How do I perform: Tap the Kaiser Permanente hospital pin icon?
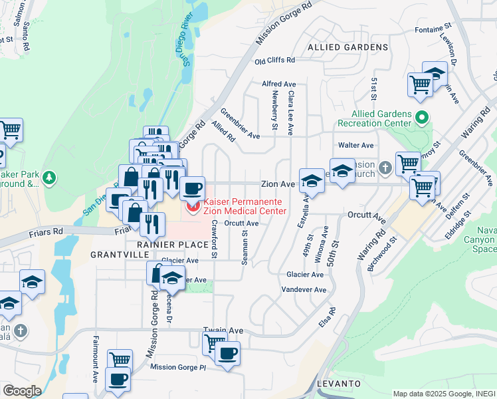tap(193, 207)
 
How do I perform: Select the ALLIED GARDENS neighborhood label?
tap(348, 48)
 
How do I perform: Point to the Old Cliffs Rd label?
tap(274, 61)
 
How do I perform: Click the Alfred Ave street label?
tap(278, 84)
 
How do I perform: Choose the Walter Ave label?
tap(355, 145)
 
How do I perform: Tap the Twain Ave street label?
tap(223, 331)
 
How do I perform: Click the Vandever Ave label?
tap(304, 290)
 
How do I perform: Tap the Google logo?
tap(22, 391)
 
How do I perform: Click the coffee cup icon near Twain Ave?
tap(227, 353)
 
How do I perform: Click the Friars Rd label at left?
tap(45, 233)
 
